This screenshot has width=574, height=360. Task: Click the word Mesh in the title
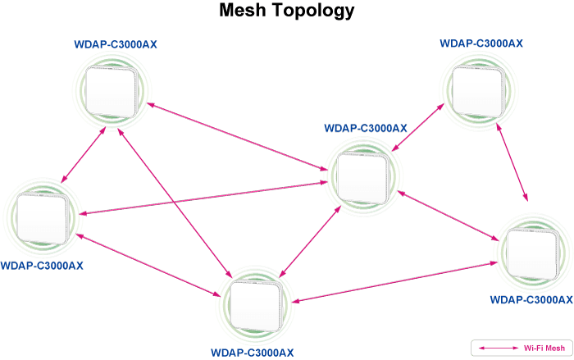click(243, 10)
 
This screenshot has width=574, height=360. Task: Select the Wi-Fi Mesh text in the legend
click(544, 348)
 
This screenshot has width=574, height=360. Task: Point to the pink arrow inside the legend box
click(499, 348)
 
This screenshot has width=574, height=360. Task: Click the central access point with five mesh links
click(362, 178)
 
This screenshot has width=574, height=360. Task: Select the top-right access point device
click(478, 91)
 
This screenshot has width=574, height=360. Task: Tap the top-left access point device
click(112, 91)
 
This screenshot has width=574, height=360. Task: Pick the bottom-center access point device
click(255, 306)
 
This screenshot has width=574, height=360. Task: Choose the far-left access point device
click(42, 218)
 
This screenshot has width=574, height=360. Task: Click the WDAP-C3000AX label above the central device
click(366, 128)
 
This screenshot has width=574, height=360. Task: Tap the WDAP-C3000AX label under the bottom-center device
click(253, 353)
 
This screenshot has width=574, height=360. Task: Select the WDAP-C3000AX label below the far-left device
click(42, 266)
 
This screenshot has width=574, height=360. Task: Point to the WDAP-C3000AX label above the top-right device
click(481, 43)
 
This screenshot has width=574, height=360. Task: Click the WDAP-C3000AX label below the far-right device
click(531, 299)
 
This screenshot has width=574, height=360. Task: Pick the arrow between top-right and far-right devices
click(512, 162)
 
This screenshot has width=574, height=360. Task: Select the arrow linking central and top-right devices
click(417, 127)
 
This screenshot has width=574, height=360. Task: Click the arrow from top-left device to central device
click(237, 137)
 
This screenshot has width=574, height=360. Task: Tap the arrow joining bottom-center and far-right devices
click(394, 282)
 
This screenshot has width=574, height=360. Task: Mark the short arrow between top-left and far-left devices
click(83, 154)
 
